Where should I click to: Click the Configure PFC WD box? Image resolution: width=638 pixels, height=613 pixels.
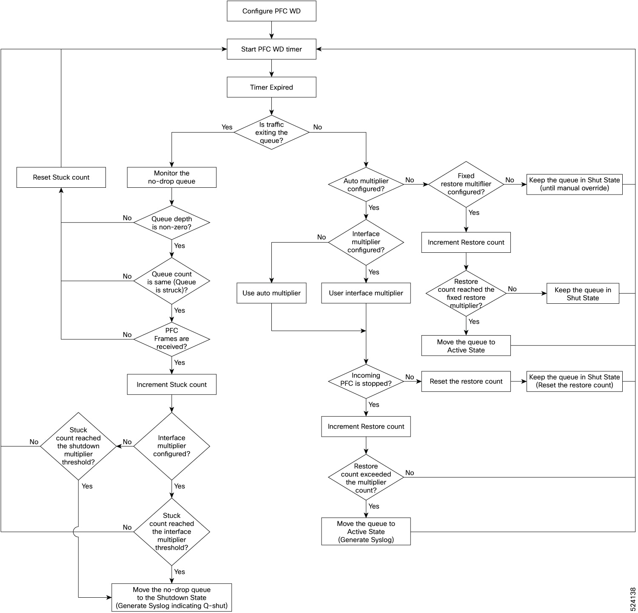(x=271, y=11)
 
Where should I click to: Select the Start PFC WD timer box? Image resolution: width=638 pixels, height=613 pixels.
(x=271, y=49)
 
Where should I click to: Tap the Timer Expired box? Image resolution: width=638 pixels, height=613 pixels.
(x=271, y=88)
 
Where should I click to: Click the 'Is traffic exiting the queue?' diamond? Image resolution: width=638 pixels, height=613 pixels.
(x=271, y=133)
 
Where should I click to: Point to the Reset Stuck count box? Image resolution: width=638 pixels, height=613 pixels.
(x=61, y=178)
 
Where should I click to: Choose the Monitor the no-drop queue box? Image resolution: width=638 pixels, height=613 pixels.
(x=171, y=178)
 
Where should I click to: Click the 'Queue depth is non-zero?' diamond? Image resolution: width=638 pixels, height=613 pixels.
(x=171, y=223)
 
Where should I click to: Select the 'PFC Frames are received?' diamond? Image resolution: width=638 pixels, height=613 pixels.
(x=171, y=339)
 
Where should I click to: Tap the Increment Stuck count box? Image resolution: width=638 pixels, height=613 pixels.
(x=171, y=384)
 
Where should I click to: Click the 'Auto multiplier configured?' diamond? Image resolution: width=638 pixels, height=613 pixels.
(x=366, y=185)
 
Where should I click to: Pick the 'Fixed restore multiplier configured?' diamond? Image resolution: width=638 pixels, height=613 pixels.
(x=466, y=184)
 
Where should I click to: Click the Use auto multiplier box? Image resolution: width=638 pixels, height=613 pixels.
(x=271, y=293)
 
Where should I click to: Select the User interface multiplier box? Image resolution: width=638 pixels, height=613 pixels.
(x=366, y=293)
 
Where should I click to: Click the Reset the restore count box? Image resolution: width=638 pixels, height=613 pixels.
(x=466, y=381)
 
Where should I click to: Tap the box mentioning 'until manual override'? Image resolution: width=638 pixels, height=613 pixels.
(x=574, y=184)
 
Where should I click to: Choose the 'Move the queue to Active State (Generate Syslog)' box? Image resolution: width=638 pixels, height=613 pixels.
(x=366, y=531)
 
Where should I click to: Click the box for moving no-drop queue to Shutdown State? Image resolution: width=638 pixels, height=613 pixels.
(x=171, y=598)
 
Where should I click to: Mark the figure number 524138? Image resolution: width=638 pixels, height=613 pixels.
(x=632, y=599)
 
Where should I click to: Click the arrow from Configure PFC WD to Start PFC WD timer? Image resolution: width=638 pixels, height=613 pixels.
(x=271, y=30)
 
